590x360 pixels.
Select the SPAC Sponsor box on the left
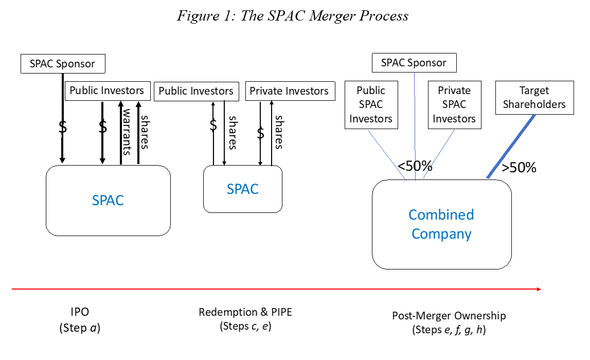click(63, 64)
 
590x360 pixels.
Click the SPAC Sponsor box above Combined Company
click(414, 63)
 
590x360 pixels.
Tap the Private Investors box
click(289, 91)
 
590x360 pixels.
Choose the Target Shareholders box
click(534, 98)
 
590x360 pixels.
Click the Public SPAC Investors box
click(370, 105)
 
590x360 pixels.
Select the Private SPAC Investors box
click(454, 105)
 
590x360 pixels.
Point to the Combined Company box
click(441, 224)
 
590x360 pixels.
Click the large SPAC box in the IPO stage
click(108, 200)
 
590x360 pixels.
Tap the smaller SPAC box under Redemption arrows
click(242, 189)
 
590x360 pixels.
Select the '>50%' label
click(519, 168)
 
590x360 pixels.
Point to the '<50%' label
click(415, 166)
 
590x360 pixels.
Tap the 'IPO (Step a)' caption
click(79, 320)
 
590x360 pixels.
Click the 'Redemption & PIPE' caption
click(245, 312)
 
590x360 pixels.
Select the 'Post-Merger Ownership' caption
click(449, 316)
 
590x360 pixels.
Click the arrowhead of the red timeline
click(539, 289)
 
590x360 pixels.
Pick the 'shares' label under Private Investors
click(278, 132)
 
